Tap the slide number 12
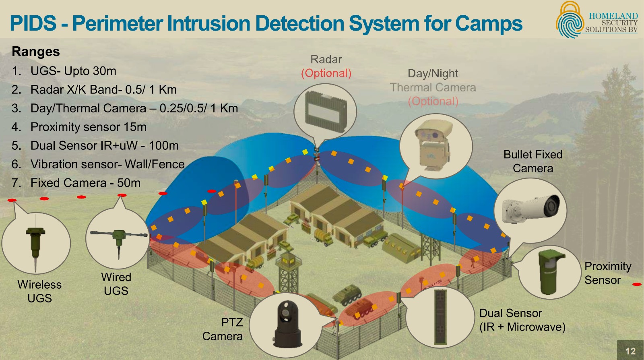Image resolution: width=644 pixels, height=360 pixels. (630, 351)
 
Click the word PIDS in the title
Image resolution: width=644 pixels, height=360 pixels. (33, 23)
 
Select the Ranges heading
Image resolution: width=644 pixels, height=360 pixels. (36, 52)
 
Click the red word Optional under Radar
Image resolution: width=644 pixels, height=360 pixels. (326, 73)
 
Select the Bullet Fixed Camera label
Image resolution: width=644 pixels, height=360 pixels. (533, 161)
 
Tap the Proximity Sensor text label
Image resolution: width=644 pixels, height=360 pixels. (607, 273)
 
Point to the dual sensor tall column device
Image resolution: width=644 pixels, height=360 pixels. (440, 317)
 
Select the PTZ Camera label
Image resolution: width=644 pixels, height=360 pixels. (223, 329)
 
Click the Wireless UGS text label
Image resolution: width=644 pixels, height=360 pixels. (39, 291)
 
